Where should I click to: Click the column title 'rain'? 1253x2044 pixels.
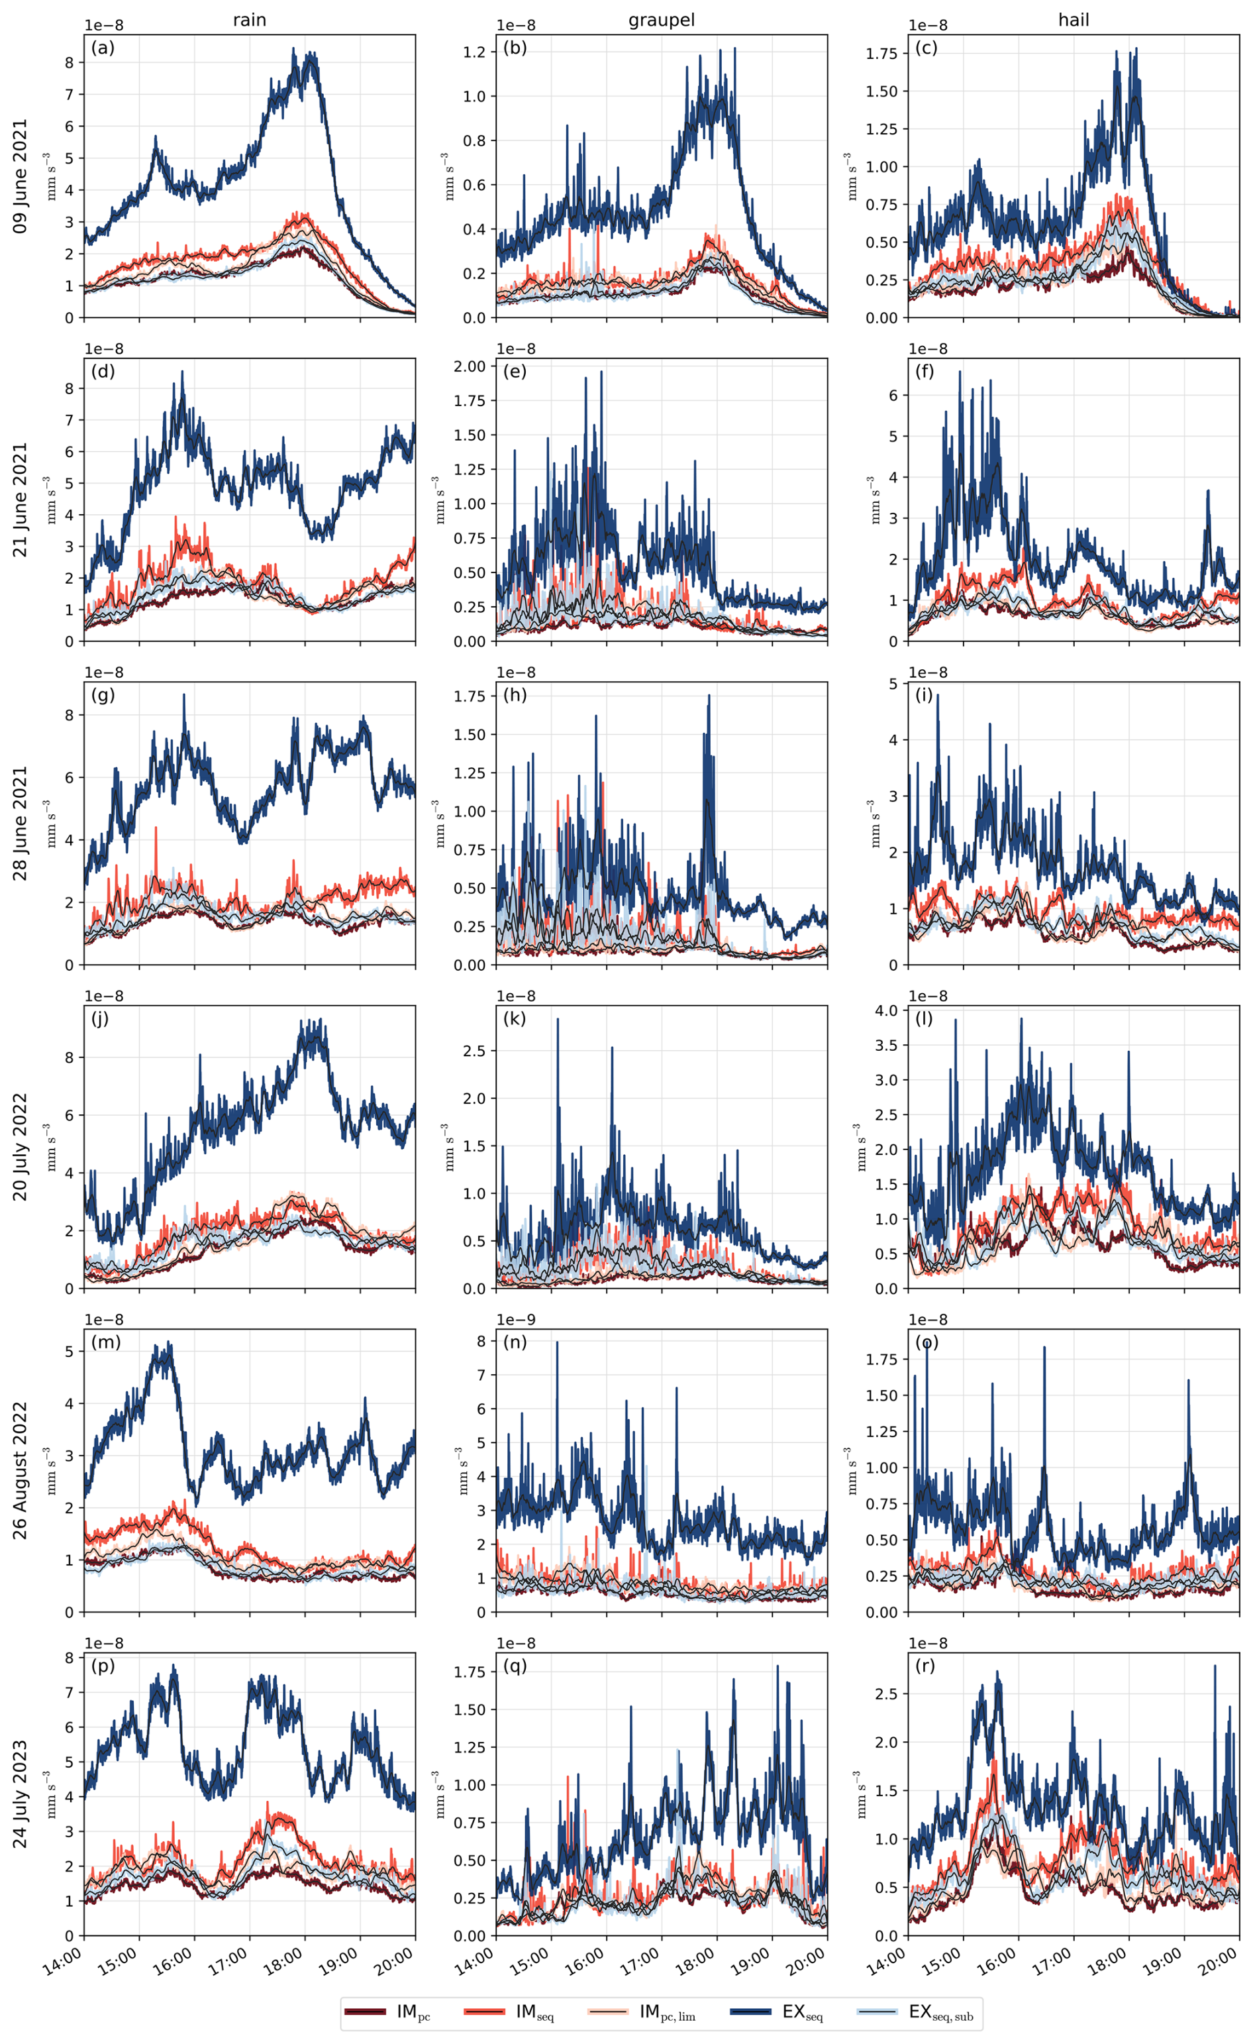point(249,20)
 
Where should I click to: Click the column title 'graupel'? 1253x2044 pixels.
point(661,20)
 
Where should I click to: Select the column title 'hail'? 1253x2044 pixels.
point(1073,20)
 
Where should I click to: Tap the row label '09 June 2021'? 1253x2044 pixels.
point(20,176)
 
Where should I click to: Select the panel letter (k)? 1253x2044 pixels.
point(514,1018)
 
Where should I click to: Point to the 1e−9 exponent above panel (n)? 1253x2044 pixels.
point(516,1319)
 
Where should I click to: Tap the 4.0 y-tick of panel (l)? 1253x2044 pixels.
point(887,1010)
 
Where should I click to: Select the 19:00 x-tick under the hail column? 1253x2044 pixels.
point(1163,1956)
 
